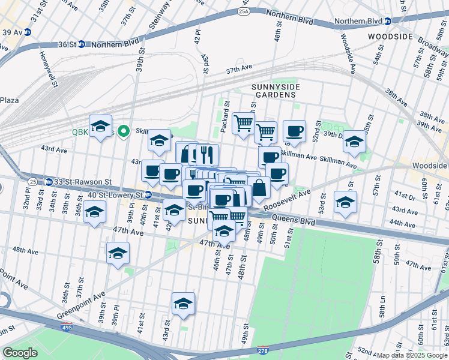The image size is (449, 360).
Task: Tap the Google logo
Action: (20, 353)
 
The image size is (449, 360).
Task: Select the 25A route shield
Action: (243, 11)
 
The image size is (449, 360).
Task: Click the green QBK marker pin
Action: (124, 131)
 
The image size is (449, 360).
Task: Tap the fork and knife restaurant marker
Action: (207, 154)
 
